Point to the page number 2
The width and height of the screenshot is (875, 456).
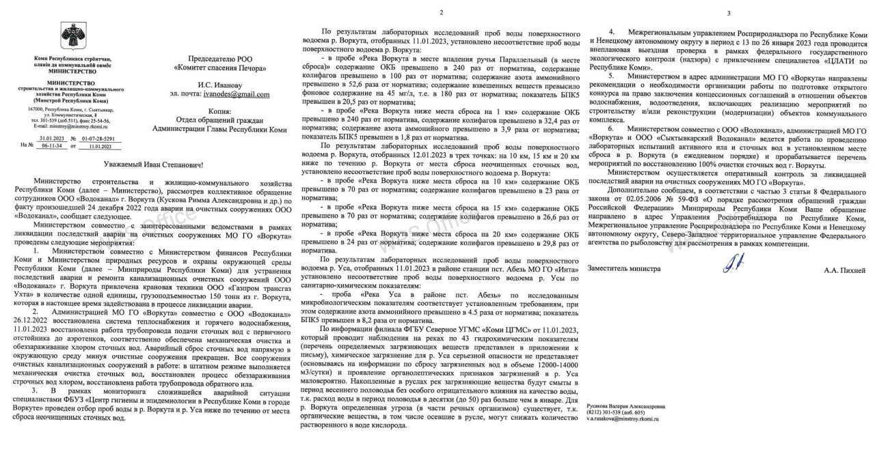click(x=441, y=13)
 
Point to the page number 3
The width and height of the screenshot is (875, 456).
click(x=728, y=13)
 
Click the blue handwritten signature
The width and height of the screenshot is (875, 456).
click(x=729, y=262)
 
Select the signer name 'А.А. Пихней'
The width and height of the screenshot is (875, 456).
click(x=845, y=270)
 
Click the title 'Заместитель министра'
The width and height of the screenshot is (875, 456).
click(x=624, y=268)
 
